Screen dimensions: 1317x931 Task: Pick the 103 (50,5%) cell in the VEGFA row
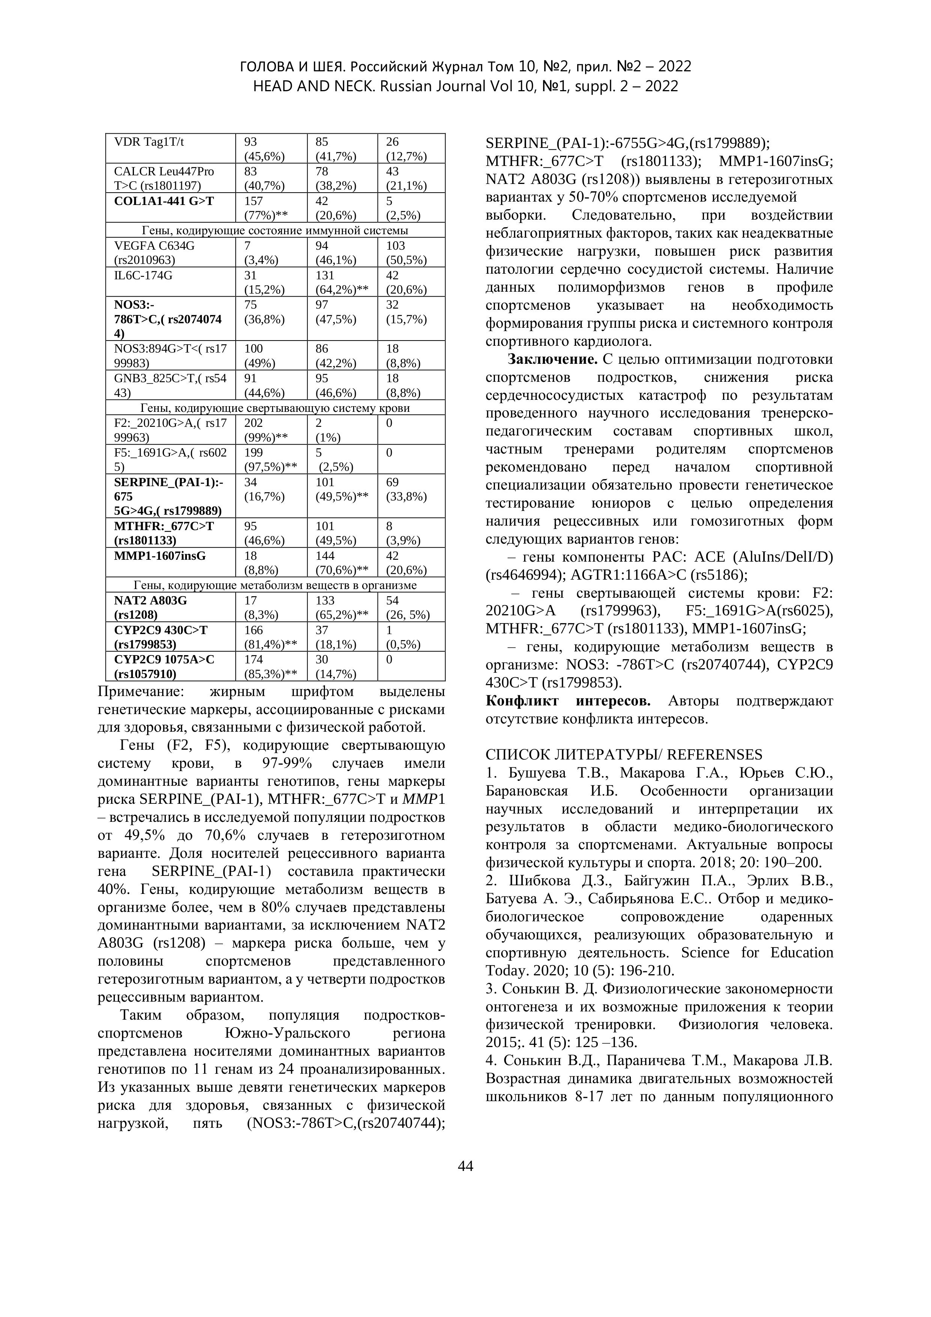pos(406,252)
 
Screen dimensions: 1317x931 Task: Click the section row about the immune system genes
pos(275,231)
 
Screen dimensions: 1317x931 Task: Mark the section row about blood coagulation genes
pos(275,408)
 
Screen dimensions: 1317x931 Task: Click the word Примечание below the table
pos(141,692)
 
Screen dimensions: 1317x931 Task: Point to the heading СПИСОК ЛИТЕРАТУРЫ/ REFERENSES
pos(624,754)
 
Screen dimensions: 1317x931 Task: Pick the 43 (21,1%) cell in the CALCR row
pos(406,178)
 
